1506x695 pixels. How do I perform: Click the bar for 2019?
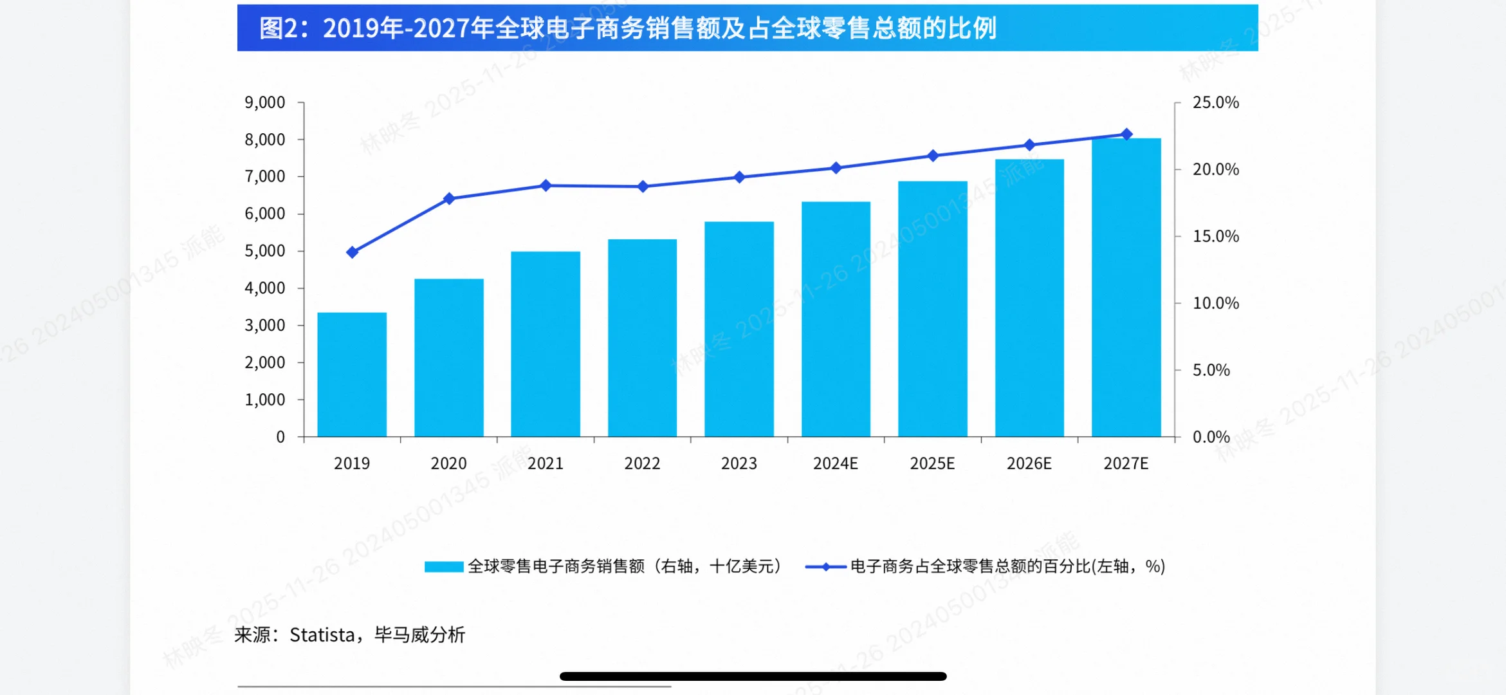click(x=352, y=375)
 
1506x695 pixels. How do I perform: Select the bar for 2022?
click(x=642, y=338)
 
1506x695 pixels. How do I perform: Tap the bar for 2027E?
click(x=1126, y=288)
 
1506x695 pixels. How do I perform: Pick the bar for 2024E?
click(x=836, y=319)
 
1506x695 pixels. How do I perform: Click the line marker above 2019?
click(x=352, y=252)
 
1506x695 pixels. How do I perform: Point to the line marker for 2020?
click(x=449, y=198)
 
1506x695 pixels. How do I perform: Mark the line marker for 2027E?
click(x=1126, y=134)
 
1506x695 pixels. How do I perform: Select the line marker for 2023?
click(x=739, y=177)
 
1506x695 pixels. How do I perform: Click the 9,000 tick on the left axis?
click(x=264, y=102)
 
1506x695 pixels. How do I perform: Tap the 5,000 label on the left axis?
click(x=264, y=251)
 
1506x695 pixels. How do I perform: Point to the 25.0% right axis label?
click(x=1215, y=102)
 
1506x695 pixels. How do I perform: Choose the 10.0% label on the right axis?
click(x=1215, y=303)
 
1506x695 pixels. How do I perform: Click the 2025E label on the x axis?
click(x=932, y=463)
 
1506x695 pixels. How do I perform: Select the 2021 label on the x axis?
click(x=546, y=463)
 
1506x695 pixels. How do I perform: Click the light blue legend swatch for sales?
click(x=444, y=566)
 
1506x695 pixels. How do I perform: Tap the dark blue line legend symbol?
click(x=825, y=566)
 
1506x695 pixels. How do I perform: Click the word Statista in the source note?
click(x=322, y=635)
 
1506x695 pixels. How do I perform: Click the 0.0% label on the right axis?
click(x=1211, y=437)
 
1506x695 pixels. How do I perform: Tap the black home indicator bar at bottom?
click(x=753, y=676)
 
